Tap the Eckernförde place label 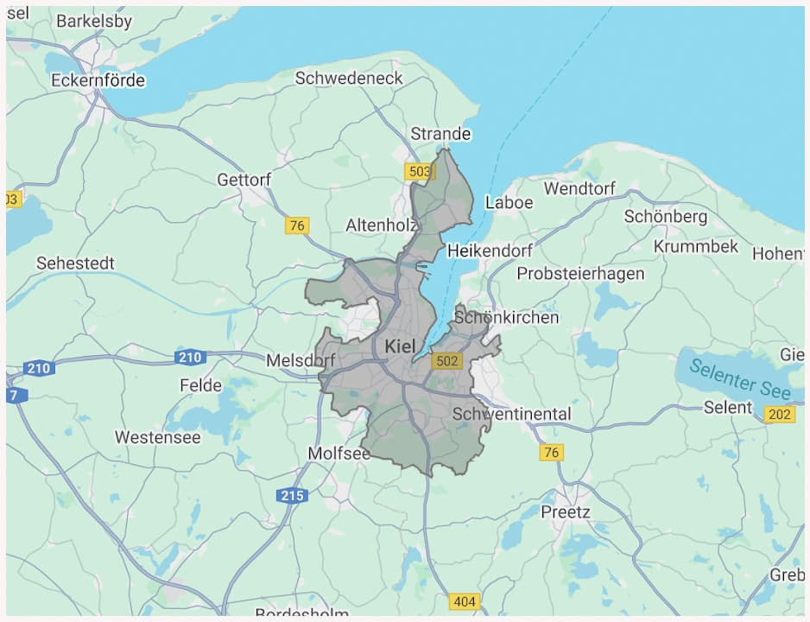(98, 80)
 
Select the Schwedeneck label (349, 78)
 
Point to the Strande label (440, 133)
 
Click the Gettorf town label (244, 180)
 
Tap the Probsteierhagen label (580, 274)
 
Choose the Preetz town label (566, 511)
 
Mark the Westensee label (158, 437)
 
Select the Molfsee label (339, 454)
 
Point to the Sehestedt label (75, 263)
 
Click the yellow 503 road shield (419, 172)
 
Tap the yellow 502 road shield (447, 361)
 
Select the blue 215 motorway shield (292, 496)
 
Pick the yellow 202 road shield (779, 415)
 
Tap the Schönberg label (665, 216)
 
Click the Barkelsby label (94, 22)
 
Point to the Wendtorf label (579, 187)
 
